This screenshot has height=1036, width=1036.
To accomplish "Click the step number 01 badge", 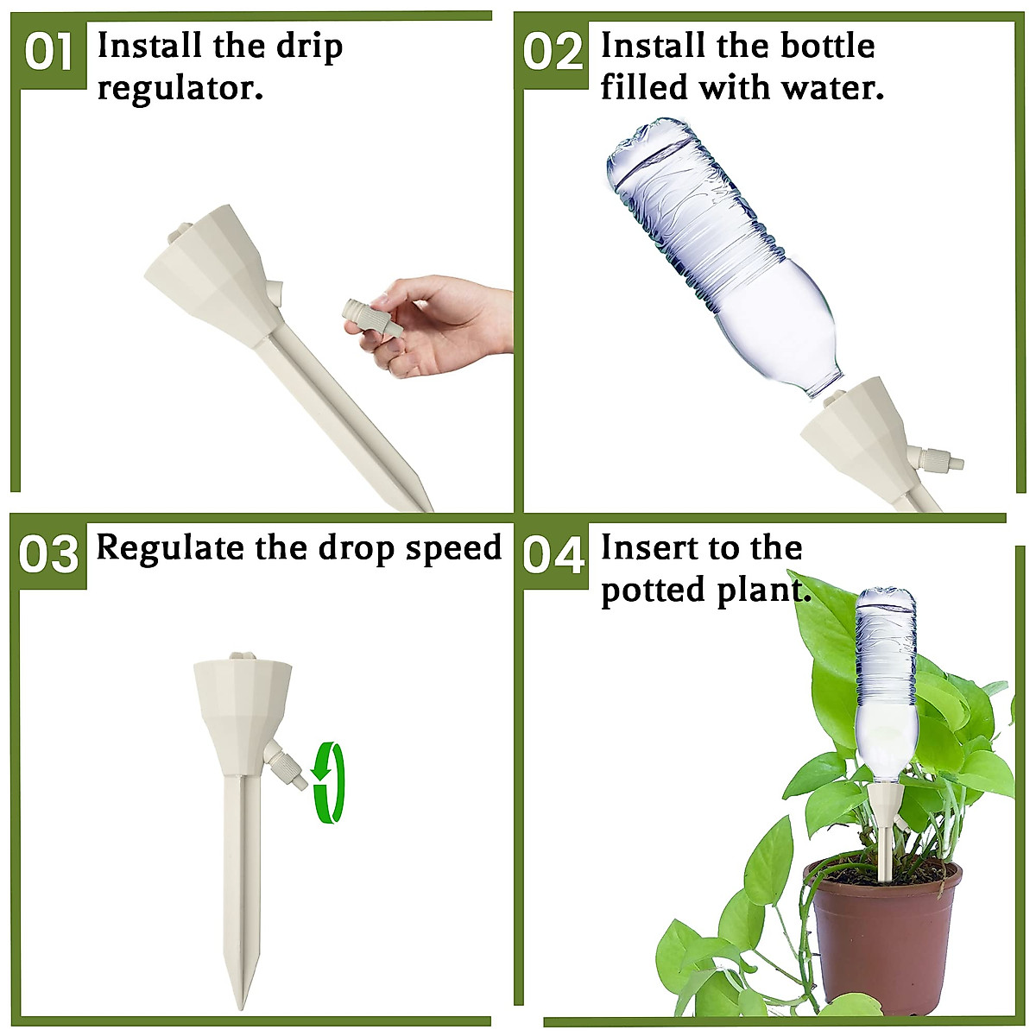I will pyautogui.click(x=49, y=52).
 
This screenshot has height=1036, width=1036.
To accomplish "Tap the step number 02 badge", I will pyautogui.click(x=553, y=52).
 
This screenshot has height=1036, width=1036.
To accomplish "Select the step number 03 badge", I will pyautogui.click(x=49, y=555).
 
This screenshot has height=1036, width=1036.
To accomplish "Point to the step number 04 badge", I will pyautogui.click(x=553, y=555).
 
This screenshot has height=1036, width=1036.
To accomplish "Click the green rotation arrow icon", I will pyautogui.click(x=329, y=781).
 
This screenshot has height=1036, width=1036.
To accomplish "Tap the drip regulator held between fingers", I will pyautogui.click(x=372, y=317).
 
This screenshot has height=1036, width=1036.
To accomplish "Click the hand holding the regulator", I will pyautogui.click(x=440, y=324).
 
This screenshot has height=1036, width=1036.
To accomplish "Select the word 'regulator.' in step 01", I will pyautogui.click(x=180, y=88).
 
